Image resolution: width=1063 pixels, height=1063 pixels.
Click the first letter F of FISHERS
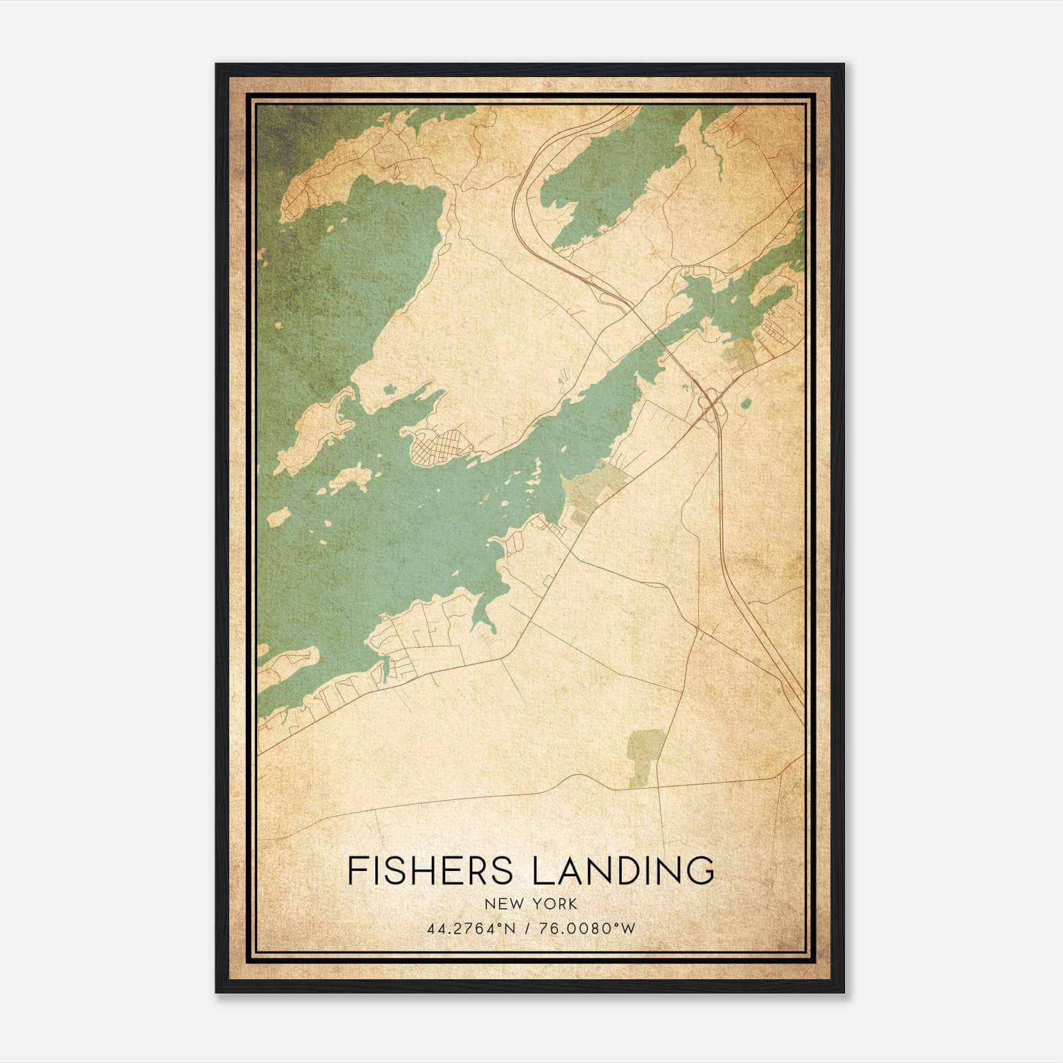click(x=356, y=871)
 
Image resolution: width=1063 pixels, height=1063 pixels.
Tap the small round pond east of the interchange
click(x=745, y=403)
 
